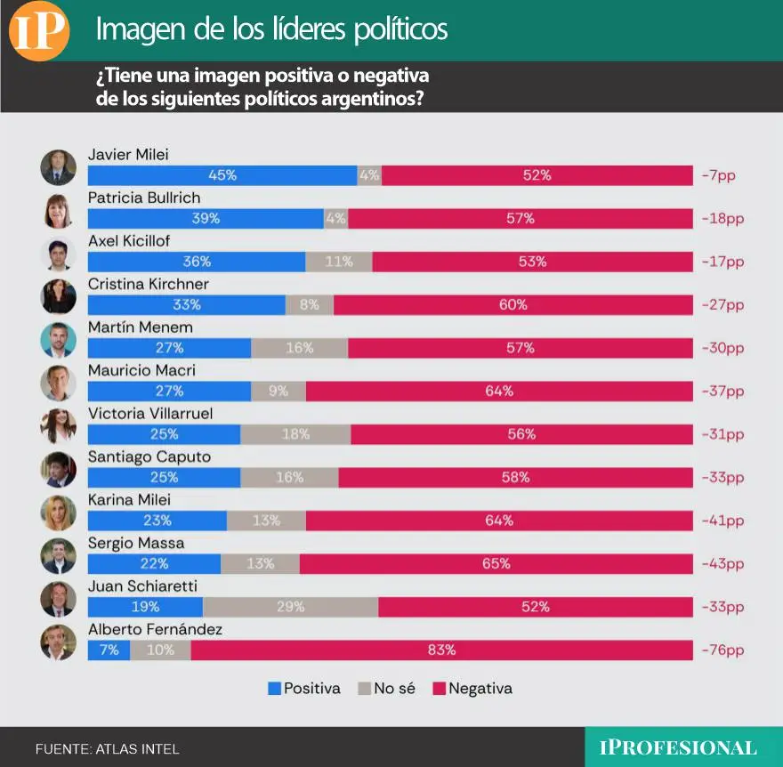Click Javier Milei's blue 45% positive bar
click(x=222, y=175)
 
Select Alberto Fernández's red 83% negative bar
click(x=441, y=650)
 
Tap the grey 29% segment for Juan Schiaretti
click(x=290, y=607)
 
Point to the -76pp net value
click(x=722, y=650)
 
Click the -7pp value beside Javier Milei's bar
click(x=718, y=175)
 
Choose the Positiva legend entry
click(x=304, y=688)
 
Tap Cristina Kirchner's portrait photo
click(x=59, y=296)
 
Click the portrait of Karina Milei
click(x=59, y=513)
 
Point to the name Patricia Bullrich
click(x=144, y=198)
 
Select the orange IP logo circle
click(x=39, y=31)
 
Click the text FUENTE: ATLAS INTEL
click(x=107, y=749)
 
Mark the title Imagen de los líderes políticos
click(x=271, y=30)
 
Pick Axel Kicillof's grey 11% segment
click(x=338, y=262)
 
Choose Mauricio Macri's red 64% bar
click(x=498, y=391)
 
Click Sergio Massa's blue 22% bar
click(x=154, y=563)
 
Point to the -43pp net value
click(x=722, y=564)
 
